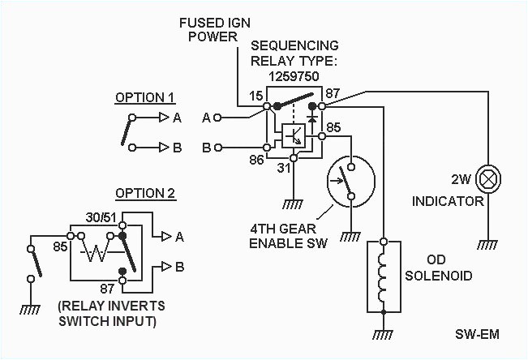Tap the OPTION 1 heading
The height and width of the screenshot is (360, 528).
tap(145, 97)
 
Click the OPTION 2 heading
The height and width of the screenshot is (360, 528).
tap(145, 193)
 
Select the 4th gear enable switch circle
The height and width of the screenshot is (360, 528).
tap(349, 180)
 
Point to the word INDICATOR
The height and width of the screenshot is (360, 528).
tap(448, 200)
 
